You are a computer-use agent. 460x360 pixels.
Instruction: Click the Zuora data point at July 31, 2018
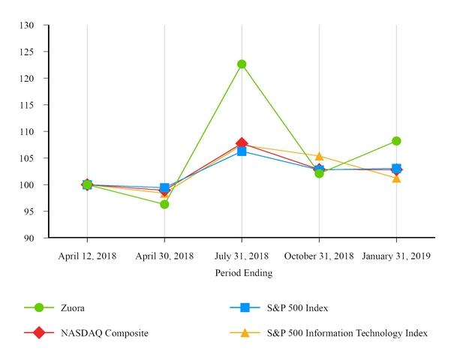[242, 64]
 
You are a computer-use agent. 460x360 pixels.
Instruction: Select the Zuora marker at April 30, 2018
[164, 204]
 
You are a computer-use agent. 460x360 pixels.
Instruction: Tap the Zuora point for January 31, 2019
[396, 141]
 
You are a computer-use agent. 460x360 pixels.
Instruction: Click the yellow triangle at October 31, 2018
[319, 156]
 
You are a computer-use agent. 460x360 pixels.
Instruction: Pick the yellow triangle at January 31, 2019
[396, 178]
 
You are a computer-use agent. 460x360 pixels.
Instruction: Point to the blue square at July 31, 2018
[242, 151]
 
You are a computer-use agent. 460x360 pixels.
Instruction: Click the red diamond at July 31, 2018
[242, 142]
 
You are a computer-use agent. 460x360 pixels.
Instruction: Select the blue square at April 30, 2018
[164, 187]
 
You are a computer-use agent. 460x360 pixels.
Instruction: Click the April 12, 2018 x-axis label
[87, 256]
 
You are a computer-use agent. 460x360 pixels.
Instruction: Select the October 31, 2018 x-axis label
[319, 256]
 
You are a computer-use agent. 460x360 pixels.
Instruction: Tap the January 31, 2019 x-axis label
[396, 256]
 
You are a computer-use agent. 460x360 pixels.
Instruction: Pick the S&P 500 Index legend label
[297, 307]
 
